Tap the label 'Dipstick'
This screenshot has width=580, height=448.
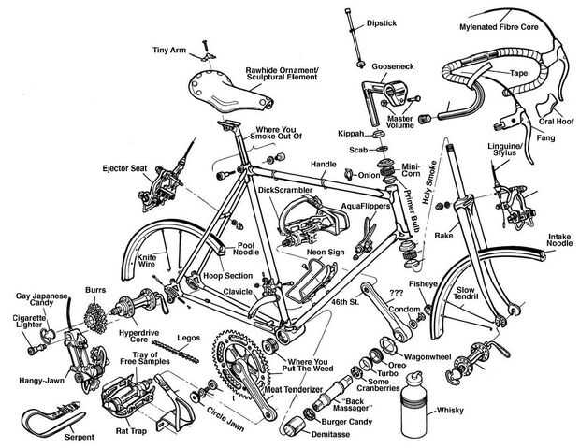(382, 23)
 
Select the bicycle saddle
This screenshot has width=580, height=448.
(230, 92)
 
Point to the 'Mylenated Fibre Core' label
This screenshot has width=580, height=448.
(499, 27)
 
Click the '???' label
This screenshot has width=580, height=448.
(397, 293)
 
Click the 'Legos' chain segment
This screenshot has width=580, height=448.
(175, 352)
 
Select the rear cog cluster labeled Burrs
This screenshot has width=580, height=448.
(95, 318)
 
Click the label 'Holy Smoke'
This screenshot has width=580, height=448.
(429, 182)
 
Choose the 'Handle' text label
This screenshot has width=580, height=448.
(324, 165)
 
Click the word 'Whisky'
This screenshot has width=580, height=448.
(450, 411)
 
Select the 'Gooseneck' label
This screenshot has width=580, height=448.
(393, 66)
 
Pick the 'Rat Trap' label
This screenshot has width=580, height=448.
(131, 431)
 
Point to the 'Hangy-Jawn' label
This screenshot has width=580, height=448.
(41, 381)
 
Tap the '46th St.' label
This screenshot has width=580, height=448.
(345, 302)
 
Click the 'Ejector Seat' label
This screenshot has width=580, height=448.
(124, 168)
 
